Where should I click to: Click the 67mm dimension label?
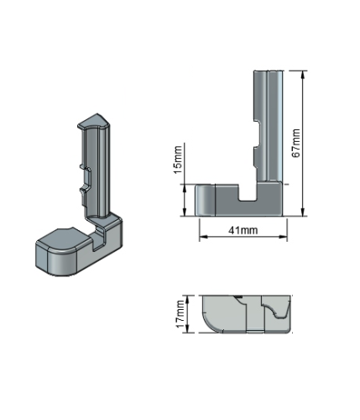[296, 143]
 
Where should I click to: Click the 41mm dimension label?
[243, 230]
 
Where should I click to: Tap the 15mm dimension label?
[178, 160]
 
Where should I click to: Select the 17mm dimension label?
[180, 313]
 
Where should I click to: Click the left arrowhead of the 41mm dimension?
[203, 237]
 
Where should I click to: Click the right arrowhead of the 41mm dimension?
[284, 237]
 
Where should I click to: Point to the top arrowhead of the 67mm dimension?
[303, 75]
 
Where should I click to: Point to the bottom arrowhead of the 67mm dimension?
[303, 213]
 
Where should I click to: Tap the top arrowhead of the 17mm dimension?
[188, 299]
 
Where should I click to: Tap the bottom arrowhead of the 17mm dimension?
[188, 329]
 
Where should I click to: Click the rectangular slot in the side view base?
[248, 192]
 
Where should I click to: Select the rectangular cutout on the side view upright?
[257, 134]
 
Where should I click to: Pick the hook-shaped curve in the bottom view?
[278, 310]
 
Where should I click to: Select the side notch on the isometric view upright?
[86, 179]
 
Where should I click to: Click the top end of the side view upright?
[269, 71]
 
